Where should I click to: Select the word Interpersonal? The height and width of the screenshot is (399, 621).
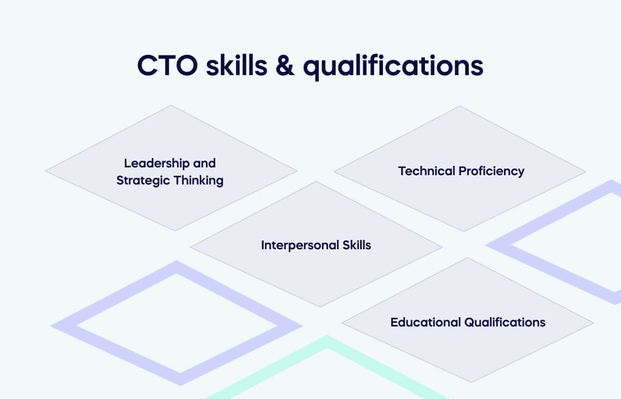point(293,245)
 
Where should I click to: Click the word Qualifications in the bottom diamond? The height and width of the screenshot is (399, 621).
point(505,322)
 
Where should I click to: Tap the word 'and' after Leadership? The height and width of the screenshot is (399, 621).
point(204,163)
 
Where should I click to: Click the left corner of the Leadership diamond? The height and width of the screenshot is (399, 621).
point(46,170)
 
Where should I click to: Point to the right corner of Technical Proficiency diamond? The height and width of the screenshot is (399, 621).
point(586,172)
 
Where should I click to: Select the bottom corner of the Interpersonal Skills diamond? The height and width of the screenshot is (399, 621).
point(320,307)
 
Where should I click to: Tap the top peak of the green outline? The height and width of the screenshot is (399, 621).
point(327,338)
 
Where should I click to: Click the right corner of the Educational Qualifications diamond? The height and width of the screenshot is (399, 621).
point(594,324)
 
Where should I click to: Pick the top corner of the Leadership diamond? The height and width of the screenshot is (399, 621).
point(171,106)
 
